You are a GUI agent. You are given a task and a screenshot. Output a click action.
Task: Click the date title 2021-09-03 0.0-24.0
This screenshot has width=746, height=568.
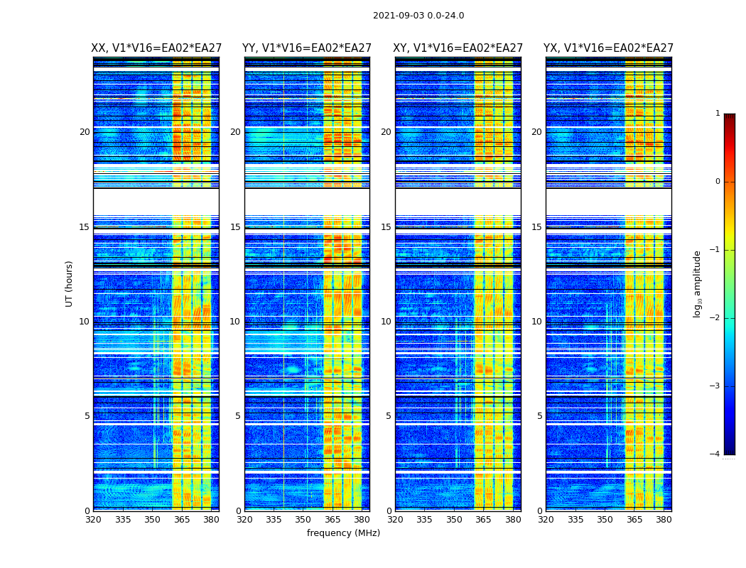coord(418,16)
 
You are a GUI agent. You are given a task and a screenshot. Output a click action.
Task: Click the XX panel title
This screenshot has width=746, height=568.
coord(156,48)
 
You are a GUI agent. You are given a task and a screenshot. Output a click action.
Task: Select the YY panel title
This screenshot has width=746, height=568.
coord(307,48)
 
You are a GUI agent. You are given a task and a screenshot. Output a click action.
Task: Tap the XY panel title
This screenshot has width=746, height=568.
coord(458,48)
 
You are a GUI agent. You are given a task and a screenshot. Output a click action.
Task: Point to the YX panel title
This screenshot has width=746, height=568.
coord(608,48)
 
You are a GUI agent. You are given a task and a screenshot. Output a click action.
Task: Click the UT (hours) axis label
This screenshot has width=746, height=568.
coord(70,283)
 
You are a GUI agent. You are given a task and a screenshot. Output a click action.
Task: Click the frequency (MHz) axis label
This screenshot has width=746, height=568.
coord(343,533)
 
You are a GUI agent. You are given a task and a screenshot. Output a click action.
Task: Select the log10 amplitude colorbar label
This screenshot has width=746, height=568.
coord(698,283)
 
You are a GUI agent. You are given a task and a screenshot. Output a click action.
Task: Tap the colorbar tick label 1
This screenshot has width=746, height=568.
coord(717,114)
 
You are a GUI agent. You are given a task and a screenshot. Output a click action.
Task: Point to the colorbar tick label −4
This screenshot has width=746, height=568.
coord(715,454)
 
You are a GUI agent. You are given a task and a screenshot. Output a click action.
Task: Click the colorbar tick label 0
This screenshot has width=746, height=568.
coord(717,182)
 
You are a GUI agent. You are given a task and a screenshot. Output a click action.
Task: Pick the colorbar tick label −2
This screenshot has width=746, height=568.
coord(715,318)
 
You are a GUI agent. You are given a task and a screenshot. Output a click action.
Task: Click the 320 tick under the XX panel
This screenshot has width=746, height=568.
coord(93,520)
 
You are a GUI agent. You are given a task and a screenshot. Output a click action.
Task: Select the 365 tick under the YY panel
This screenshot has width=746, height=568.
coord(333,520)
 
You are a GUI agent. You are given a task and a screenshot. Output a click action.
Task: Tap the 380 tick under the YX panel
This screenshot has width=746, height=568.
coord(664,520)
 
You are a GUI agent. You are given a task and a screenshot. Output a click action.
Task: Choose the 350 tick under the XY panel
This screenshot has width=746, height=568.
coord(454,520)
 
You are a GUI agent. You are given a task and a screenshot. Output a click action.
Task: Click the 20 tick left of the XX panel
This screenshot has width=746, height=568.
coord(85,132)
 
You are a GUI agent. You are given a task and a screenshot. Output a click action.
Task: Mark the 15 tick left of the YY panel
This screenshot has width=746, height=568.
coord(235,227)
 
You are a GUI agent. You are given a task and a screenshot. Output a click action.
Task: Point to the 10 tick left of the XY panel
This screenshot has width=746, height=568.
coord(386,322)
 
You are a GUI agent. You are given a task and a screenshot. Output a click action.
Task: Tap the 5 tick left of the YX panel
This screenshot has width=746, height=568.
coord(539,416)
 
